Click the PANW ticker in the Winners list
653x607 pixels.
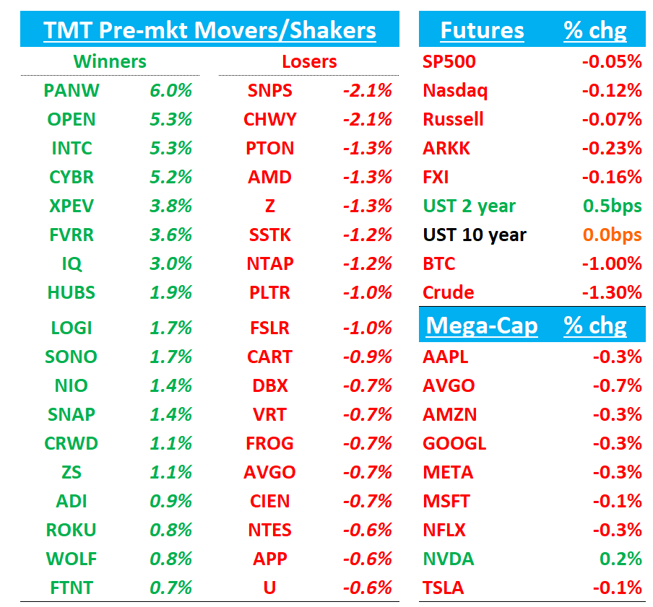click(x=72, y=90)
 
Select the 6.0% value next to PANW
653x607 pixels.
click(x=171, y=90)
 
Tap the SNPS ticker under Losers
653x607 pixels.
click(x=269, y=90)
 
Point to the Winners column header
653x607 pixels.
click(x=110, y=61)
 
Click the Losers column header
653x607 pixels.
click(x=309, y=61)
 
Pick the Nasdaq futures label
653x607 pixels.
click(x=455, y=90)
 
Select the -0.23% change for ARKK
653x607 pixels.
click(x=612, y=148)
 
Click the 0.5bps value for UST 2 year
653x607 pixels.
click(x=612, y=206)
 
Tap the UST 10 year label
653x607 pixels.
click(x=475, y=235)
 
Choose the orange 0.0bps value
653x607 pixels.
click(x=612, y=235)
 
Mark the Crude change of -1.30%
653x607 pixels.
click(x=612, y=292)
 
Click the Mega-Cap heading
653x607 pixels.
click(x=482, y=326)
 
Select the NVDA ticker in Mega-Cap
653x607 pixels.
click(x=449, y=559)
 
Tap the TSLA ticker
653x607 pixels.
click(x=444, y=588)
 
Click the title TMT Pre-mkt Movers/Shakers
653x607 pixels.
click(x=209, y=30)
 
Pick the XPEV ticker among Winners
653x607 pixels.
click(x=72, y=206)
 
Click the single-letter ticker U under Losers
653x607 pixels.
click(x=269, y=588)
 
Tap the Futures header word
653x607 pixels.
click(x=482, y=30)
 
